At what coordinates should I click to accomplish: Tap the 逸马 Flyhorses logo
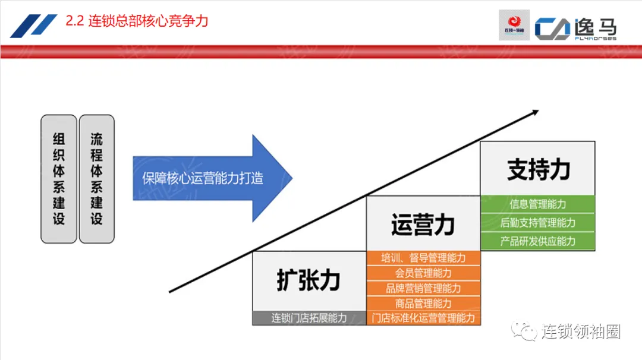[x=575, y=27]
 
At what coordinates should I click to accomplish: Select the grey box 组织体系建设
[x=59, y=179]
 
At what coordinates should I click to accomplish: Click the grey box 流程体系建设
[x=96, y=179]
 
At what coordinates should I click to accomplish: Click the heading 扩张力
[x=309, y=280]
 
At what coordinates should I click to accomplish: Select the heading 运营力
[x=423, y=225]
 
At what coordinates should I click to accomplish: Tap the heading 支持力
[x=538, y=169]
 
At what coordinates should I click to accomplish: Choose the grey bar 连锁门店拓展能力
[x=309, y=318]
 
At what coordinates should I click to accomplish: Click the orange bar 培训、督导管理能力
[x=423, y=258]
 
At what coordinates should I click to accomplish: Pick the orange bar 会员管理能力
[x=423, y=273]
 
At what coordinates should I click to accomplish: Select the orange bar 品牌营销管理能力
[x=423, y=288]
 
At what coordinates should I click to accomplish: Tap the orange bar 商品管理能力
[x=423, y=303]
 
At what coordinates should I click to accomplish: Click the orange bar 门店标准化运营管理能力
[x=423, y=318]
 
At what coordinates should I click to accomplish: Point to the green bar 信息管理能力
[x=538, y=204]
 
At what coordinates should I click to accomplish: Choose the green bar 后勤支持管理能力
[x=538, y=223]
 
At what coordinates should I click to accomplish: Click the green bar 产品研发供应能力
[x=538, y=241]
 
